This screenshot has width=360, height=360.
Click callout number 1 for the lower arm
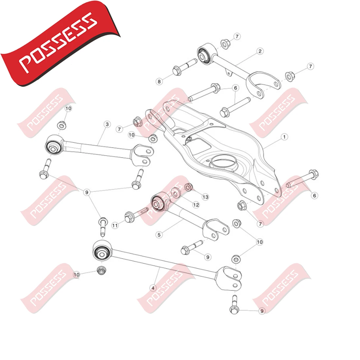(x=284, y=137)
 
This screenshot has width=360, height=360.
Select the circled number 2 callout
(x=260, y=51)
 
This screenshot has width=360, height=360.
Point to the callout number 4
(x=153, y=288)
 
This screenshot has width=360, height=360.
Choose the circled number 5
(x=159, y=235)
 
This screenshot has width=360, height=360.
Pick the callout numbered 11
(x=115, y=225)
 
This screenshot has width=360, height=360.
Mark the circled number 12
(x=196, y=205)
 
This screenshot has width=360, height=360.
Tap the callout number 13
(x=205, y=197)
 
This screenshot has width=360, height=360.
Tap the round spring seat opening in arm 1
(x=224, y=162)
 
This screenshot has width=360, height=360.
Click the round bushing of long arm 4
(x=101, y=252)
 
